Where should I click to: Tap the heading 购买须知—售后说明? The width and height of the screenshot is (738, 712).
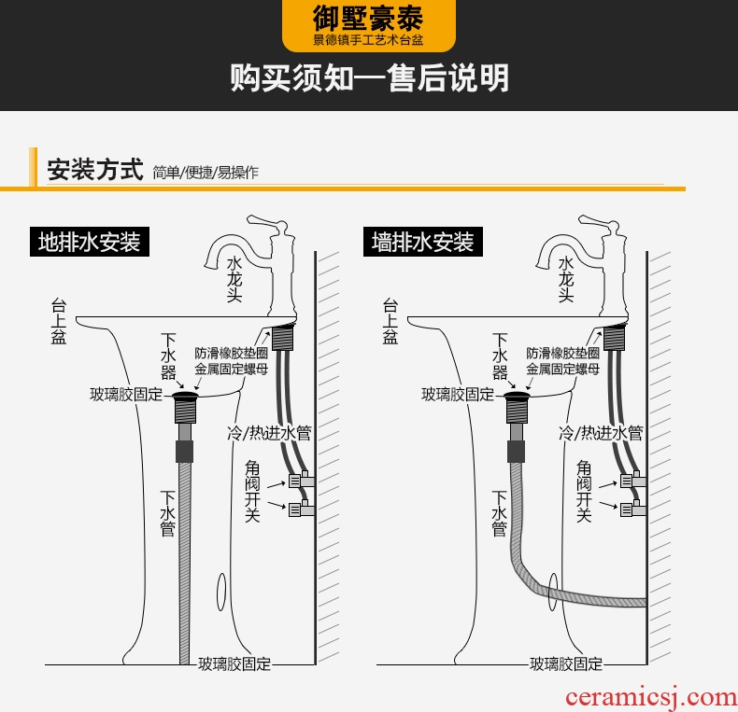pyautogui.click(x=369, y=78)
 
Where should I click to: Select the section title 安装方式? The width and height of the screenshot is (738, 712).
pyautogui.click(x=94, y=171)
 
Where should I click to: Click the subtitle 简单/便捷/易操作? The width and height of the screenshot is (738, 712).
pyautogui.click(x=206, y=173)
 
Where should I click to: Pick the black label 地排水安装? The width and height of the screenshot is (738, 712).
pyautogui.click(x=89, y=243)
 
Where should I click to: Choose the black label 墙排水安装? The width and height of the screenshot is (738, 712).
pyautogui.click(x=422, y=243)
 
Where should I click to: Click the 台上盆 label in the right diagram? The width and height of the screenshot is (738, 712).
pyautogui.click(x=390, y=322)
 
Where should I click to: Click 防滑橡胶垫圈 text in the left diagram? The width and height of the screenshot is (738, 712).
pyautogui.click(x=231, y=354)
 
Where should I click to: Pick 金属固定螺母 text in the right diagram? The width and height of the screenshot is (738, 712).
pyautogui.click(x=563, y=370)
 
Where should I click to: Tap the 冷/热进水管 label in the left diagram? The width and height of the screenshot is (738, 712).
pyautogui.click(x=270, y=433)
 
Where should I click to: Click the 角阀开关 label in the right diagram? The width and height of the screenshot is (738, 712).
pyautogui.click(x=584, y=490)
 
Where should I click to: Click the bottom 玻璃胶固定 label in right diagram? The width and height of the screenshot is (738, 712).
pyautogui.click(x=566, y=664)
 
